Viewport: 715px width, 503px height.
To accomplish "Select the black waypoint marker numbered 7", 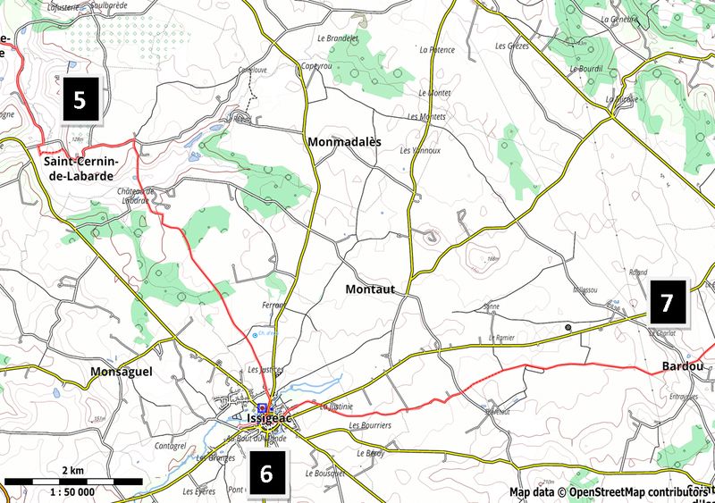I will [667, 303].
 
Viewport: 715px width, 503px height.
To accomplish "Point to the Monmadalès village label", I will [343, 142].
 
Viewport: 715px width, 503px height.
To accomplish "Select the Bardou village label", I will [682, 366].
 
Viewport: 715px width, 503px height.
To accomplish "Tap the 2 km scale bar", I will [72, 481].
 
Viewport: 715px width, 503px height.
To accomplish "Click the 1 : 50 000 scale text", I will [72, 492].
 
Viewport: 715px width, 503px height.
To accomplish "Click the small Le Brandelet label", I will [333, 40].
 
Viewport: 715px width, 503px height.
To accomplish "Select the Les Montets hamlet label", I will [425, 117].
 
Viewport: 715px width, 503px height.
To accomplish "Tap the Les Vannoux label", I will [420, 150].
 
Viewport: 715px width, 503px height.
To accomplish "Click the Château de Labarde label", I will [136, 195].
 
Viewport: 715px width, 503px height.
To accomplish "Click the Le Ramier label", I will [503, 339].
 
